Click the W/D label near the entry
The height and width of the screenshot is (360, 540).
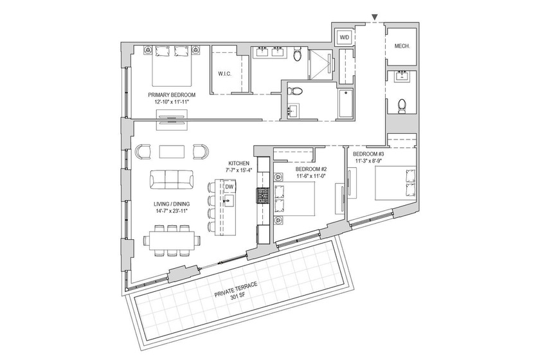(345, 38)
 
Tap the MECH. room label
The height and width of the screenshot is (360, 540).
(402, 47)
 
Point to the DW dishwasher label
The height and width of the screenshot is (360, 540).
(230, 186)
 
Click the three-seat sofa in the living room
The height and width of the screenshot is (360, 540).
(171, 179)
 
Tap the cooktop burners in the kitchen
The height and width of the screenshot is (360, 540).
(262, 195)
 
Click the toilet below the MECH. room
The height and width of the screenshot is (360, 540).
(402, 105)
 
